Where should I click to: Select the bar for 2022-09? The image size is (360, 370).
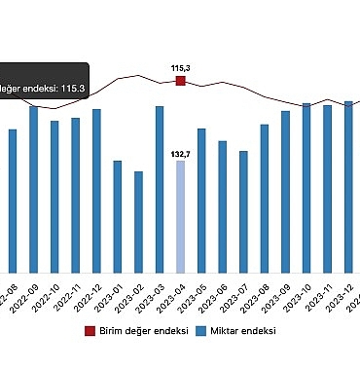pyautogui.click(x=33, y=189)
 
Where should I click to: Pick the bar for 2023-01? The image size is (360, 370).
pyautogui.click(x=118, y=216)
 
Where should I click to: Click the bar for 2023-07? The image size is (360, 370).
pyautogui.click(x=243, y=211)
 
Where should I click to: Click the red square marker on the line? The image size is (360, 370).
pyautogui.click(x=180, y=81)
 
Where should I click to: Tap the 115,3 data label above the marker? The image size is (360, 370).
pyautogui.click(x=180, y=67)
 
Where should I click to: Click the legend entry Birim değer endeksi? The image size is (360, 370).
pyautogui.click(x=141, y=331)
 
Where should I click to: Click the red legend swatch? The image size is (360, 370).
pyautogui.click(x=90, y=331)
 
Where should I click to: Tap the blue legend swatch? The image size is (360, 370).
pyautogui.click(x=202, y=331)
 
